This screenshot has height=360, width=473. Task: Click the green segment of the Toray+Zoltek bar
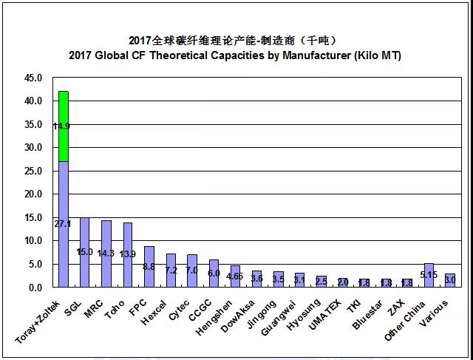click(63, 126)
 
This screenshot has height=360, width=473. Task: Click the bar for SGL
click(84, 252)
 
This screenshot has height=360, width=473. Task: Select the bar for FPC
click(149, 266)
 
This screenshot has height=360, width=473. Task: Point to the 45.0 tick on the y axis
click(34, 78)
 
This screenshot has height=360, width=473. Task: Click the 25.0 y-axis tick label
click(34, 171)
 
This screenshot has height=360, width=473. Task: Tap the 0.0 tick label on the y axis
click(36, 287)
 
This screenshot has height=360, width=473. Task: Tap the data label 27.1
click(63, 223)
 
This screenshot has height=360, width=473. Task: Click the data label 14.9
click(62, 126)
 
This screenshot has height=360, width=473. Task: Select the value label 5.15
click(429, 274)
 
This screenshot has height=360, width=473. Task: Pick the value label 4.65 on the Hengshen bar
click(235, 276)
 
